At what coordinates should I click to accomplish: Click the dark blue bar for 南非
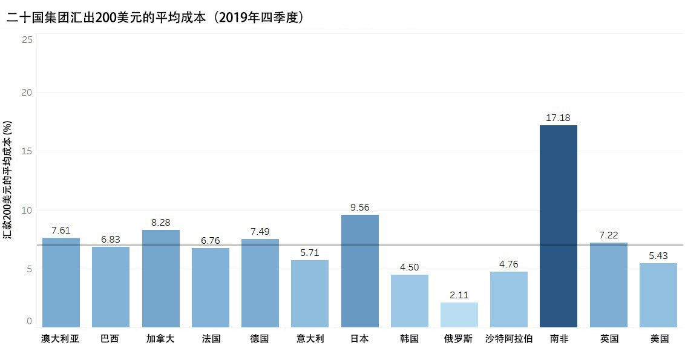[558, 226]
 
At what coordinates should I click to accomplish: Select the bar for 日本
[359, 271]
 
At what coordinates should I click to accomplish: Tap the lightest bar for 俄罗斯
[459, 315]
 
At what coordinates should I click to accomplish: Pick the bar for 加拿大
[160, 278]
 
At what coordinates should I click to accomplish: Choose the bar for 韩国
[409, 301]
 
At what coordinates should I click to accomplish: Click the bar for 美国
[658, 295]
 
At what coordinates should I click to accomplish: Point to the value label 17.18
[558, 117]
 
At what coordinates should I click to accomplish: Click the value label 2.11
[459, 295]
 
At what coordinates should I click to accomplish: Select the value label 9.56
[359, 207]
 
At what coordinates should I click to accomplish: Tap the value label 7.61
[61, 230]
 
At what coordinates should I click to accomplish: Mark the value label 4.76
[508, 264]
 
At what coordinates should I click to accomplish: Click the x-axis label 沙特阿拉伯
[508, 339]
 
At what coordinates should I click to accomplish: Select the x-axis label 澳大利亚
[61, 339]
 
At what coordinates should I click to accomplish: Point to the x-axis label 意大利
[310, 339]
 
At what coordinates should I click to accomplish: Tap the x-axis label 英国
[608, 339]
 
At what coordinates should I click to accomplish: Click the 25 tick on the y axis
[27, 39]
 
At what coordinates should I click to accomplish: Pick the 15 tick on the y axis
[27, 151]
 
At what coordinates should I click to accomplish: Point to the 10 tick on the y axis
[27, 210]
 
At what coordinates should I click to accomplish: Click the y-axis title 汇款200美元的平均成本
[8, 180]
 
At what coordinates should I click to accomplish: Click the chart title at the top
[155, 17]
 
